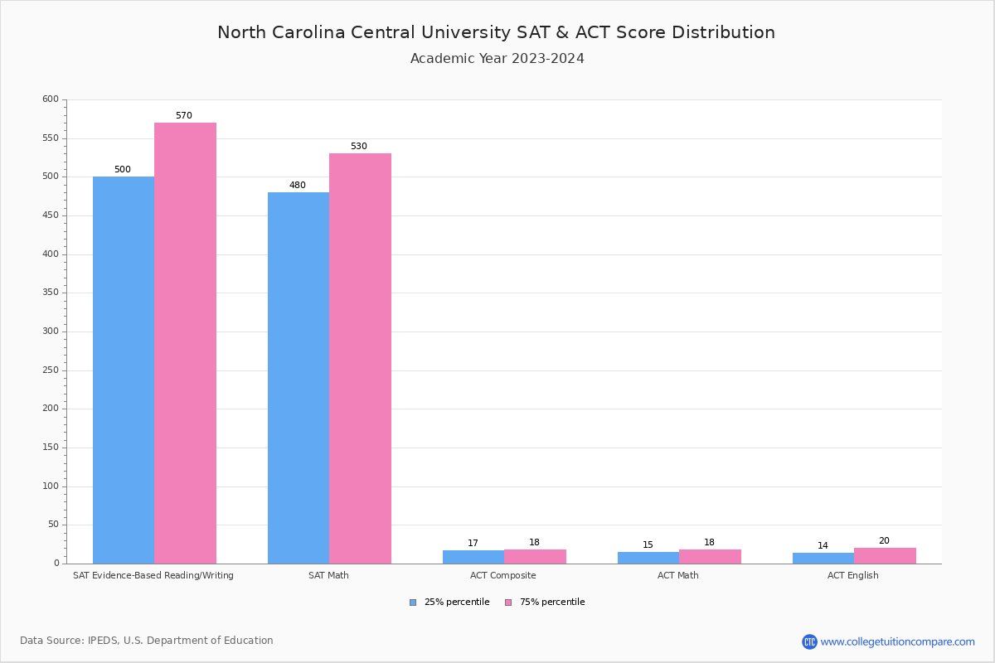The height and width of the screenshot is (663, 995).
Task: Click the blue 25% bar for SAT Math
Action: pyautogui.click(x=298, y=378)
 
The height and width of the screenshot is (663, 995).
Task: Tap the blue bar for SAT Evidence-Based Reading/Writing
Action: pyautogui.click(x=124, y=370)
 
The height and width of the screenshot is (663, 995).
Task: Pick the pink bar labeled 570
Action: pyautogui.click(x=185, y=343)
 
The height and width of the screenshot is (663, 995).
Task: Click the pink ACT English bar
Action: pyautogui.click(x=885, y=555)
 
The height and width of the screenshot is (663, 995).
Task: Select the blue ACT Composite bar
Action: pyautogui.click(x=473, y=557)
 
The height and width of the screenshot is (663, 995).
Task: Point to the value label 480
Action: pyautogui.click(x=298, y=186)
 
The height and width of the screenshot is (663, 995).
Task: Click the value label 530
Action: pyautogui.click(x=358, y=147)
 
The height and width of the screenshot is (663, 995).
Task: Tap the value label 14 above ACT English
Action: pyautogui.click(x=823, y=546)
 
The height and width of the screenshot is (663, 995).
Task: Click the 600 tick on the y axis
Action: pyautogui.click(x=51, y=99)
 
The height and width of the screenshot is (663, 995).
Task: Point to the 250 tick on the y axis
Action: pyautogui.click(x=51, y=370)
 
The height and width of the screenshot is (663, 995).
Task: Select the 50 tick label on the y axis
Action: pyautogui.click(x=53, y=525)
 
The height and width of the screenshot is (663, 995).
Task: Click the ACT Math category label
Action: pyautogui.click(x=678, y=575)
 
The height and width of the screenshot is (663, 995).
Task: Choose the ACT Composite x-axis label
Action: pyautogui.click(x=503, y=575)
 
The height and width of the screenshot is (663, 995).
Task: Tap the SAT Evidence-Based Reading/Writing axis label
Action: pyautogui.click(x=153, y=575)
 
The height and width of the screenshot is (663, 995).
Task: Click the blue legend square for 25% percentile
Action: pyautogui.click(x=413, y=603)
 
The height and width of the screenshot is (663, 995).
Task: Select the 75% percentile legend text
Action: pyautogui.click(x=552, y=603)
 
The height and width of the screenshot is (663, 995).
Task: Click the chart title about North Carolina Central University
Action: pyautogui.click(x=496, y=32)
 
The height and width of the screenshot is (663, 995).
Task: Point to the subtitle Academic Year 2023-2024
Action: pyautogui.click(x=498, y=59)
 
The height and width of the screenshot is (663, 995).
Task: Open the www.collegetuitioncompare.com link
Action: pyautogui.click(x=897, y=641)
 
